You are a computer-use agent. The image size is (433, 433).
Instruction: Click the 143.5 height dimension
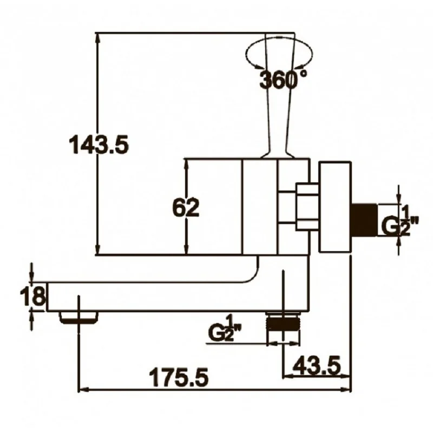click(x=99, y=145)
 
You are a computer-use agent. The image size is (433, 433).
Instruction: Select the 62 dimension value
click(x=186, y=207)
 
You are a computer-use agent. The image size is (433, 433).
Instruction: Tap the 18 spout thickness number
click(x=32, y=296)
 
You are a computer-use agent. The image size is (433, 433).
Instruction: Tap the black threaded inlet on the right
click(x=364, y=220)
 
